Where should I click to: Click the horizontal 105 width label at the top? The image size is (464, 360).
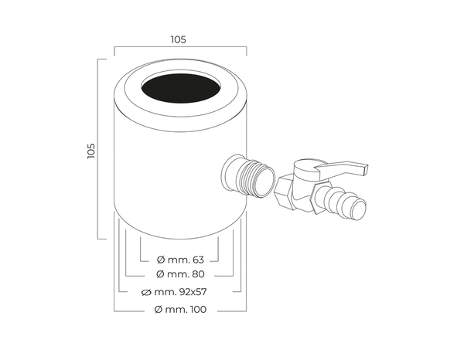(179, 39)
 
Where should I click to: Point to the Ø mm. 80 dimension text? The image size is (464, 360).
(179, 274)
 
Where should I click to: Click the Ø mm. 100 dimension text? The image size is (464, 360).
(179, 309)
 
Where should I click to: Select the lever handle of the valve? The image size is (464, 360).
(340, 167)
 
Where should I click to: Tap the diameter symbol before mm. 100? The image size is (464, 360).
(157, 309)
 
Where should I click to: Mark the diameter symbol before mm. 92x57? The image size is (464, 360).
(147, 292)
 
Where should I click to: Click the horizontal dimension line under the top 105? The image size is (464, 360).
(179, 46)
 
